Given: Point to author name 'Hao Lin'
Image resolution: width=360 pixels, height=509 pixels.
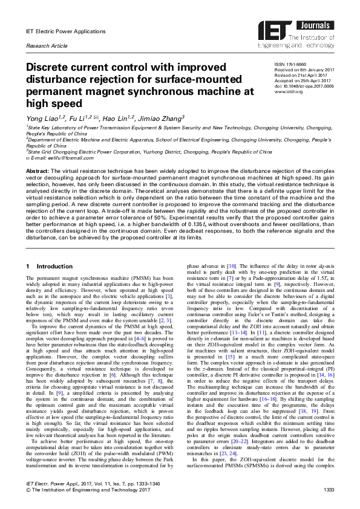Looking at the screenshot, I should pyautogui.click(x=119, y=119).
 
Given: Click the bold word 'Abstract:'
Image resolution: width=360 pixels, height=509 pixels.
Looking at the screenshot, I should pyautogui.click(x=39, y=171).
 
